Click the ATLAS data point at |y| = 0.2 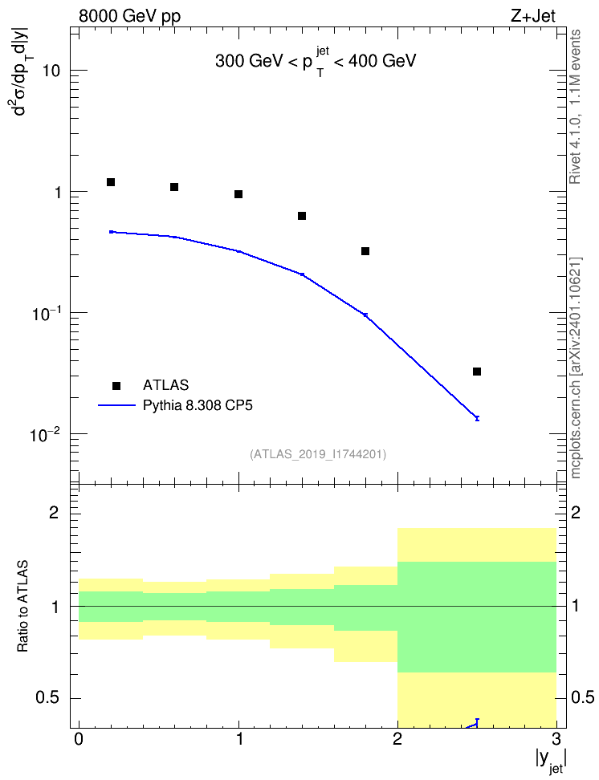111,182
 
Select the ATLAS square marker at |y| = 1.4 302,216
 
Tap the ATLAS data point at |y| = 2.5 477,372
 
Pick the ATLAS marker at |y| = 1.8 365,251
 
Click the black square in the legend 116,385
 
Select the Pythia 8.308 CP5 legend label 198,405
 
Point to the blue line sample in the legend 116,405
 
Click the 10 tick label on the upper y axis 51,71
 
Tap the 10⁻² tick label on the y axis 45,435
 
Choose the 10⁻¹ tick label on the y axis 45,314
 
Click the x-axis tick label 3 556,738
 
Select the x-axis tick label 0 79,738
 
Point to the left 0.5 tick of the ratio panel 48,698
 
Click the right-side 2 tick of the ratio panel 576,512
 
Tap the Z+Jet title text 533,16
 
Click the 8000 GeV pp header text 129,16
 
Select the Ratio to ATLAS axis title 22,606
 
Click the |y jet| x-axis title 551,761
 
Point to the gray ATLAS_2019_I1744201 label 318,453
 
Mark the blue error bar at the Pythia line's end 477,418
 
